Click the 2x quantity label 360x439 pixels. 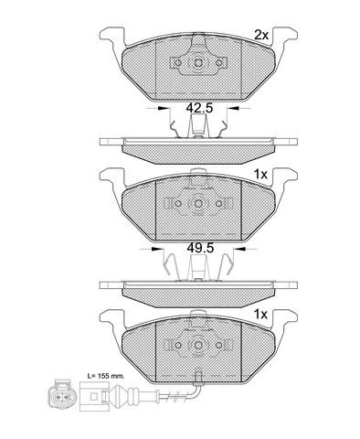pos(261,36)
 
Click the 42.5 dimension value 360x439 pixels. pos(199,108)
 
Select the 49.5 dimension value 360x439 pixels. pos(200,248)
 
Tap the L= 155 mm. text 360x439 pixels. pos(106,376)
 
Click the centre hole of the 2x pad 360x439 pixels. pos(198,63)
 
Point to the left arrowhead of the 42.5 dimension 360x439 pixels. pos(164,108)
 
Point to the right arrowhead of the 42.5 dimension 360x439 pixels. pos(234,108)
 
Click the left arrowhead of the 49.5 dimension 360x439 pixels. pos(157,249)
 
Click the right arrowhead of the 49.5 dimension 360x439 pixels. pos(239,249)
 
